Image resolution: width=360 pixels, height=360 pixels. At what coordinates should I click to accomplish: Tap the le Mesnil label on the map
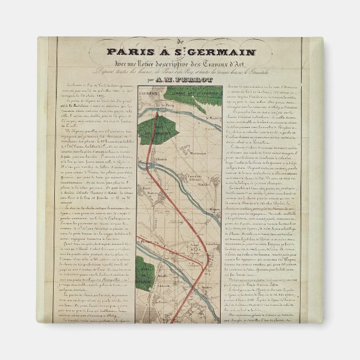click(210, 117)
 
